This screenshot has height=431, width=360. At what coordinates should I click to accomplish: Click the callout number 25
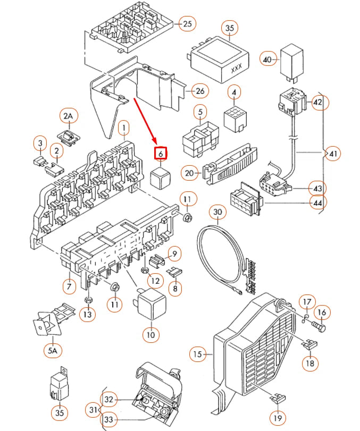point(187,23)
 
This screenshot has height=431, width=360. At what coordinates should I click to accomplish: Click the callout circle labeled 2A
point(68,116)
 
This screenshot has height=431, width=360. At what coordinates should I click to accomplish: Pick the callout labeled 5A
point(52,350)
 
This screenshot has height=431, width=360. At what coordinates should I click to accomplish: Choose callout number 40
point(267,60)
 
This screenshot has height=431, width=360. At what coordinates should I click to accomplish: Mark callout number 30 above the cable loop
point(217,213)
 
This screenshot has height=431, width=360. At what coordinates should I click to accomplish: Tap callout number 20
point(190,173)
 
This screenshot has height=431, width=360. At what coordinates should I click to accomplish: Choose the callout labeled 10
point(150,335)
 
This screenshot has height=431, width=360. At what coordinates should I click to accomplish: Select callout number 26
point(199,91)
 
